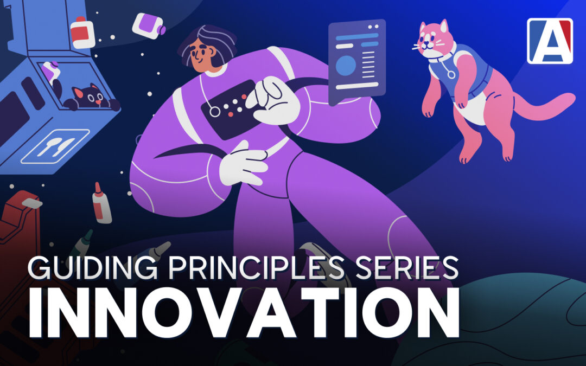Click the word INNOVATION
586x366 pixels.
(x=244, y=313)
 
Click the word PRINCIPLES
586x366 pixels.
(x=256, y=267)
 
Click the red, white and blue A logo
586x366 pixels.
(x=550, y=41)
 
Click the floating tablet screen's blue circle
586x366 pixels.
(x=346, y=66)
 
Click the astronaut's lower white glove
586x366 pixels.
(x=243, y=165)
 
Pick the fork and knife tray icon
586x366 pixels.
(x=55, y=146)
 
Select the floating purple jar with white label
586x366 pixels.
(x=148, y=26)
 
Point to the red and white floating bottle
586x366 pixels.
(x=82, y=33)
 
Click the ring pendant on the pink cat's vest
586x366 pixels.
(x=451, y=74)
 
